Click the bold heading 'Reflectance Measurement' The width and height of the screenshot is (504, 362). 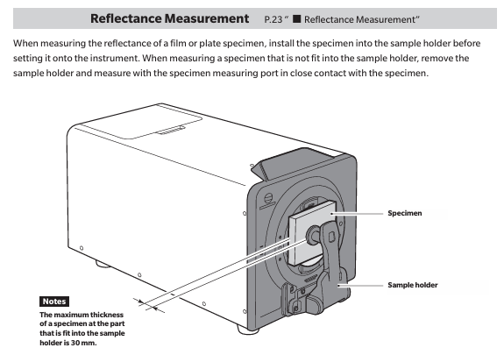pos(169,18)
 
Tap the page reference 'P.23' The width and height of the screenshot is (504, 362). pos(273,19)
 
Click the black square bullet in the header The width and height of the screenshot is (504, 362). pos(296,19)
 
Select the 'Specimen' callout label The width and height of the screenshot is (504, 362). pos(405,213)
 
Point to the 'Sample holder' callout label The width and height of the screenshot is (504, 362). pos(413,285)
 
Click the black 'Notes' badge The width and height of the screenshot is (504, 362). pos(54,302)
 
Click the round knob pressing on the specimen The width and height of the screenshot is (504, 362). pos(313,234)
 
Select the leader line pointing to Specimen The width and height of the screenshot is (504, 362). pos(357,214)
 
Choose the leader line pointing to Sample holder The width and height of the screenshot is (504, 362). pos(360,285)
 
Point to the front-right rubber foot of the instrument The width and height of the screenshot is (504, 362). pos(247,330)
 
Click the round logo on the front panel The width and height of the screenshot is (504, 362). pos(269,198)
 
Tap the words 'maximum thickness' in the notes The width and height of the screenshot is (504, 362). pos(89,315)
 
